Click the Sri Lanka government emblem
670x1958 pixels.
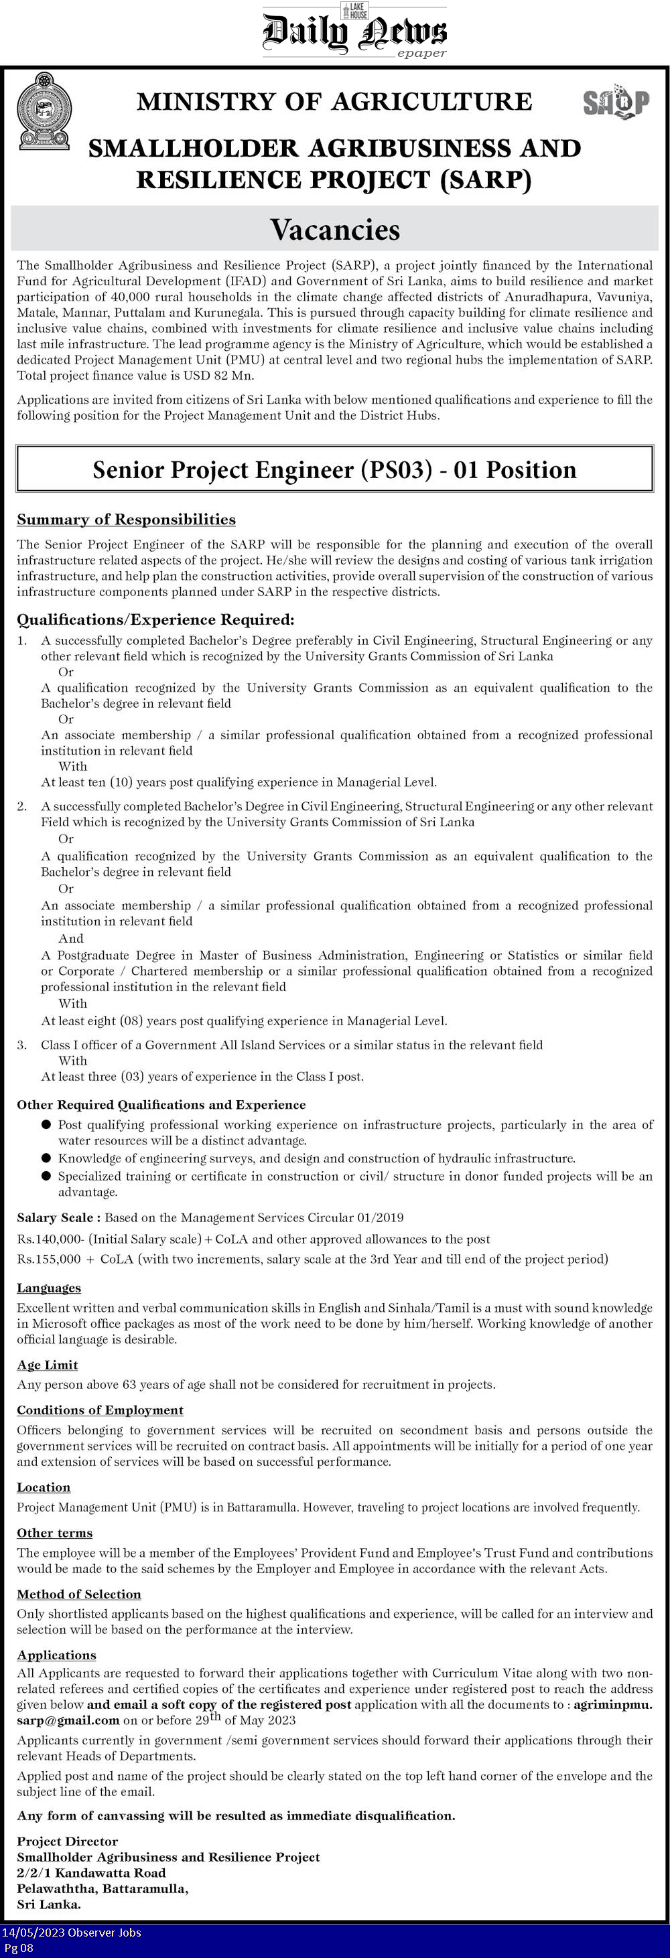click(44, 111)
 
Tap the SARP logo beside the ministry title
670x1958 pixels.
click(616, 102)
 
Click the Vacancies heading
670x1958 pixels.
click(334, 230)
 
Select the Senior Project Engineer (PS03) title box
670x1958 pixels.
click(334, 469)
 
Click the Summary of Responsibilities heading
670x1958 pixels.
click(126, 519)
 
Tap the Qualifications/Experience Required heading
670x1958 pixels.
click(155, 619)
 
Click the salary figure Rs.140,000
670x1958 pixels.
click(52, 1238)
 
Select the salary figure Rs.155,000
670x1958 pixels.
click(49, 1259)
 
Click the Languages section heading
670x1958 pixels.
click(49, 1288)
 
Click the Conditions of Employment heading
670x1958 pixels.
click(100, 1410)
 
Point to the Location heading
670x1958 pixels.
click(44, 1487)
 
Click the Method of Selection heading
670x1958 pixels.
click(79, 1594)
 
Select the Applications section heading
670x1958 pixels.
click(56, 1655)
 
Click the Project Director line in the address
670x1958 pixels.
click(68, 1841)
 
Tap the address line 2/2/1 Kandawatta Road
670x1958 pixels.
click(91, 1872)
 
